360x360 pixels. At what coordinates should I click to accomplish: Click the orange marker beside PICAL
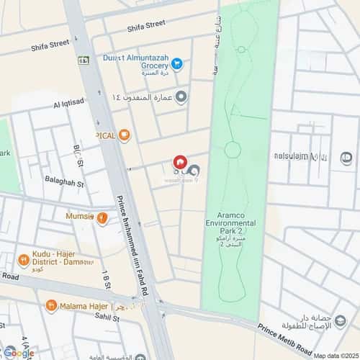[x=125, y=134]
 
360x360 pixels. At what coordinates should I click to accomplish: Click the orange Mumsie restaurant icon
[x=103, y=217]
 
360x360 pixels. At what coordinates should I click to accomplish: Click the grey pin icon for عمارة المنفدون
[x=181, y=96]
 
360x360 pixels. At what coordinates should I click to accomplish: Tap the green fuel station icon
[x=84, y=60]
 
